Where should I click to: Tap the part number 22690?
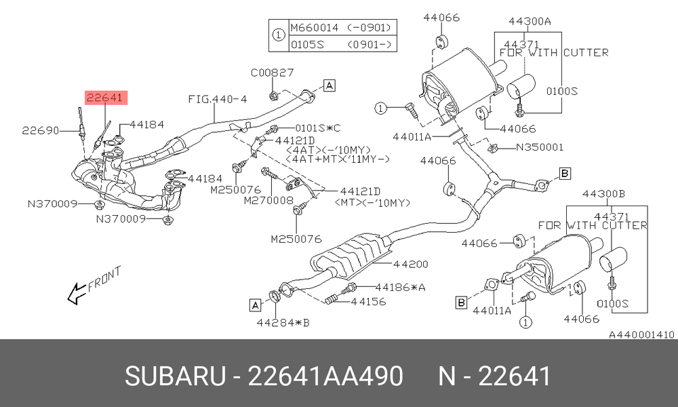(x=41, y=130)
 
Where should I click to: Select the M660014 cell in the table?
(x=315, y=28)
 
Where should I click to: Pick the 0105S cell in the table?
(x=307, y=44)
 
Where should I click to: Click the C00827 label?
(x=273, y=72)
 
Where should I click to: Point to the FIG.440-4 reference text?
(x=218, y=99)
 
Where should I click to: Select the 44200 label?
(x=411, y=264)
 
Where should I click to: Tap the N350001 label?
(x=540, y=147)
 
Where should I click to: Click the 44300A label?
(x=530, y=21)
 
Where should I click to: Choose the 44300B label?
(x=603, y=194)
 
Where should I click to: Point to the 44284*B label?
(x=283, y=323)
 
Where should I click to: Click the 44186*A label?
(x=401, y=287)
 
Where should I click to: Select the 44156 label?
(x=368, y=301)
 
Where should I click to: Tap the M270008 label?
(x=268, y=200)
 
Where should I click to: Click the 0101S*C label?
(x=318, y=128)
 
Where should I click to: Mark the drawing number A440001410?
(x=641, y=335)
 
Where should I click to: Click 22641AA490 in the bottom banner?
(x=325, y=376)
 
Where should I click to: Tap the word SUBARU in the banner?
(x=175, y=376)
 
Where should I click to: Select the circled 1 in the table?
(x=279, y=35)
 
